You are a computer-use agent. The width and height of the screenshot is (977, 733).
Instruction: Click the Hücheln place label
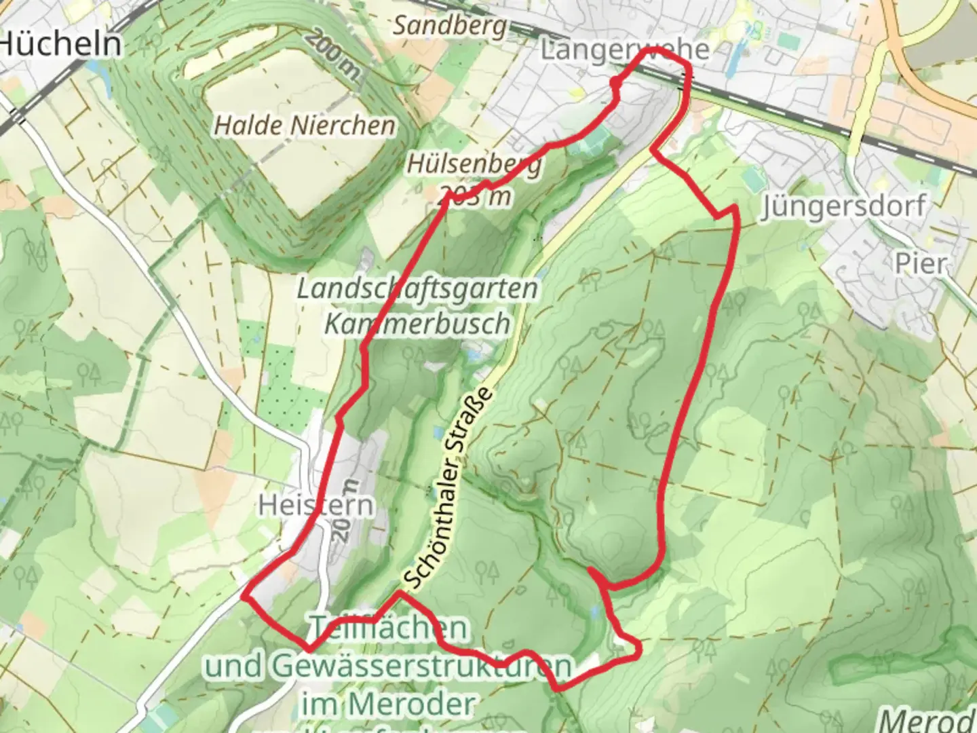point(61,45)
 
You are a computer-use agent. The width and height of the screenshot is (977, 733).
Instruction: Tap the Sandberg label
point(450,26)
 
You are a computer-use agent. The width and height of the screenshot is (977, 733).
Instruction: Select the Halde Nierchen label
point(305,126)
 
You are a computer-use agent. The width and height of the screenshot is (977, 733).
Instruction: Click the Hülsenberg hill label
point(474,164)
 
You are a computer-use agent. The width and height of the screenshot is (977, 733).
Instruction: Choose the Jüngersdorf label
point(843,206)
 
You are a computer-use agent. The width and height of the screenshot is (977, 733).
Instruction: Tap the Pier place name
point(921,263)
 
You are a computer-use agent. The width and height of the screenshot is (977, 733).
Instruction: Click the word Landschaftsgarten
point(417,289)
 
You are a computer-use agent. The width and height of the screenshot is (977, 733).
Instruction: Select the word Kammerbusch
point(417,324)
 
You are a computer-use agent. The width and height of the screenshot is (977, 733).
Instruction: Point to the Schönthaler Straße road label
point(448,489)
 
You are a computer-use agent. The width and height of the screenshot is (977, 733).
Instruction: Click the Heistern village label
point(316,506)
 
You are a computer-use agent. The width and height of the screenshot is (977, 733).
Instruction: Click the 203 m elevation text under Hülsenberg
point(475,198)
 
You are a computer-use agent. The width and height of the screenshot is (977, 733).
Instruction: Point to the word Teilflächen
point(389,628)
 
